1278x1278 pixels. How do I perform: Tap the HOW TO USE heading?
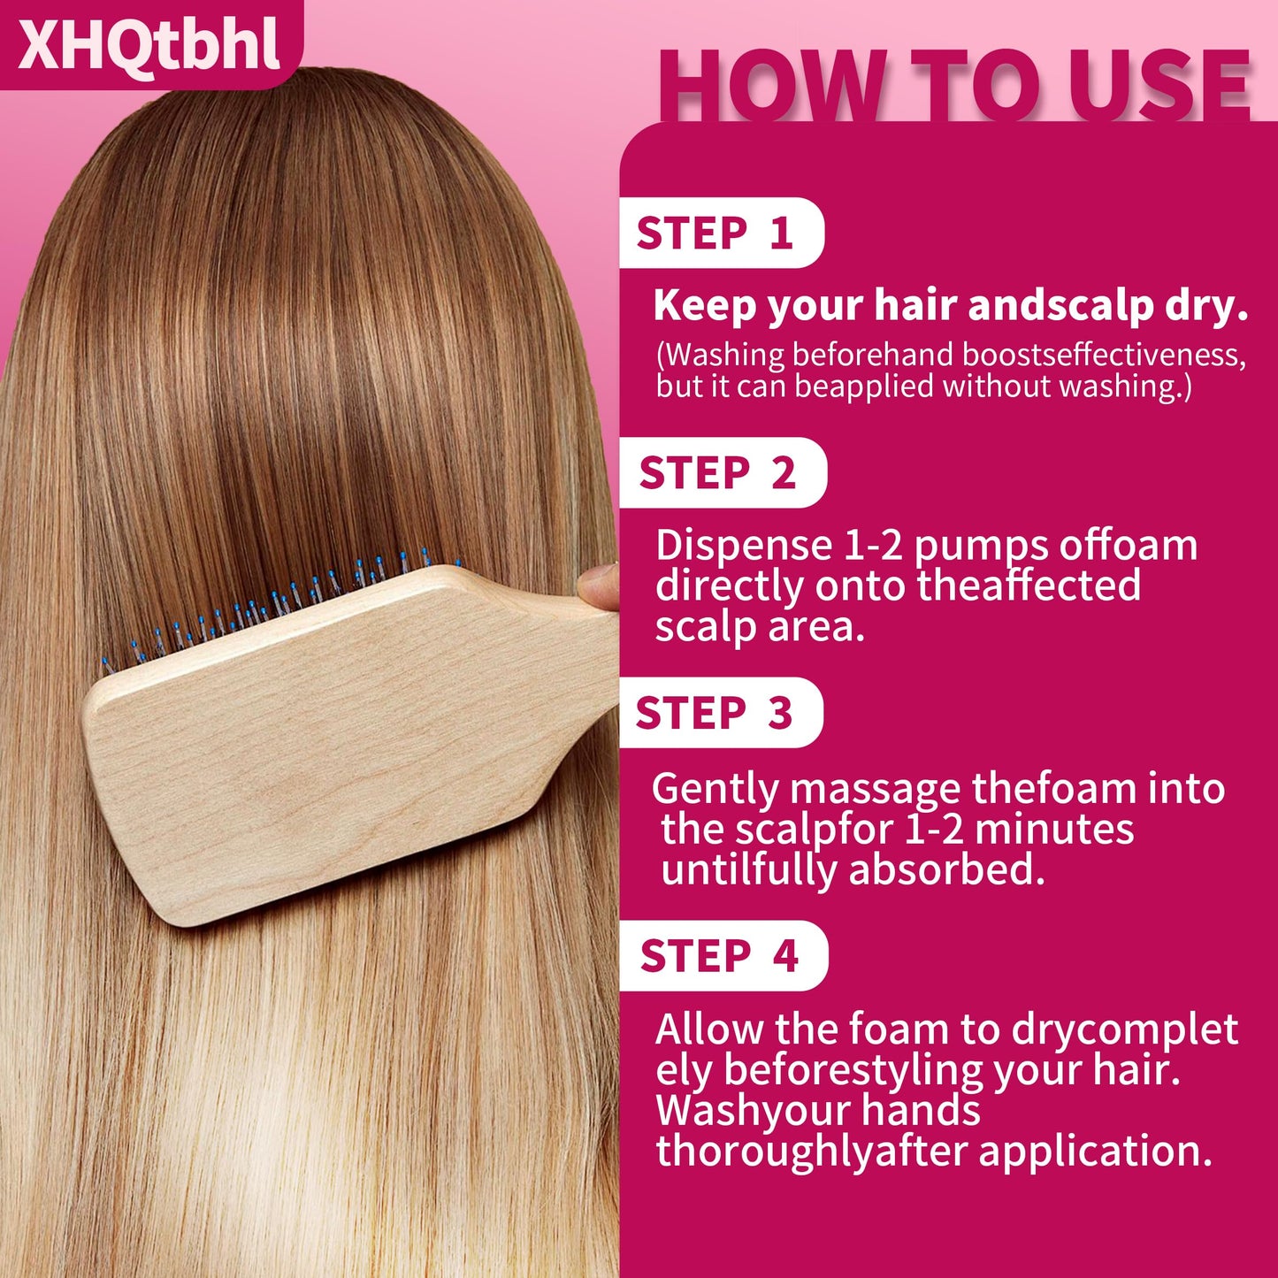(x=953, y=87)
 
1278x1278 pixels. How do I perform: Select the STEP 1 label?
(x=715, y=233)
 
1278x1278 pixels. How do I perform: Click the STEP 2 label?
(x=717, y=473)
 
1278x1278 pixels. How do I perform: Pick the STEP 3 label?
(x=714, y=713)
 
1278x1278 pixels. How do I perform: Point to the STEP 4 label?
(x=719, y=956)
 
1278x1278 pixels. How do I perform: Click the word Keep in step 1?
(x=705, y=306)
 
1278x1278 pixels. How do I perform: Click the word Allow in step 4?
(x=709, y=1030)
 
